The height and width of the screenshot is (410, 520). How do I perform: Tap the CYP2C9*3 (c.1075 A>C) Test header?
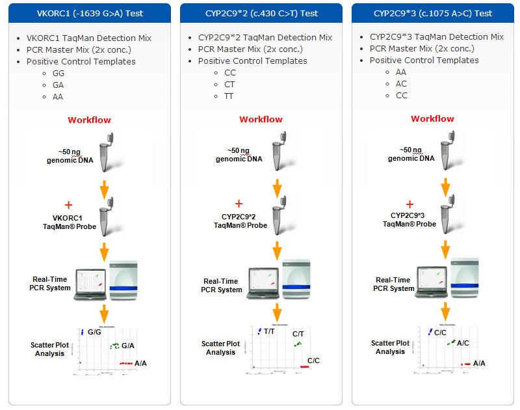pos(434,13)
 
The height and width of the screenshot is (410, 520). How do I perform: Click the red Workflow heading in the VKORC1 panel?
pos(89,120)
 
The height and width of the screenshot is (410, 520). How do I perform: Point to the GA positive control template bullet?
pos(58,85)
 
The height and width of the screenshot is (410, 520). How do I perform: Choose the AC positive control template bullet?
pos(402,84)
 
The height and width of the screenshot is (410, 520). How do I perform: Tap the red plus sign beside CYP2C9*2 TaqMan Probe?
pos(239,204)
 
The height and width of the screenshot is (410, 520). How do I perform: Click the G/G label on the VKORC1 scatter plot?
pos(94,332)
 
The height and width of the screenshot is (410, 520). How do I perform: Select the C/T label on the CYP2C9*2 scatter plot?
pos(298,333)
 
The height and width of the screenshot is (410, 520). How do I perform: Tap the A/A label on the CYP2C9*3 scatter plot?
pos(479,363)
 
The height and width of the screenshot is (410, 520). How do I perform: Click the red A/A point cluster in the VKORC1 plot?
pos(126,363)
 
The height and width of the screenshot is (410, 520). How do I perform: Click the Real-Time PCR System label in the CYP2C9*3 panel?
pos(393,284)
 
